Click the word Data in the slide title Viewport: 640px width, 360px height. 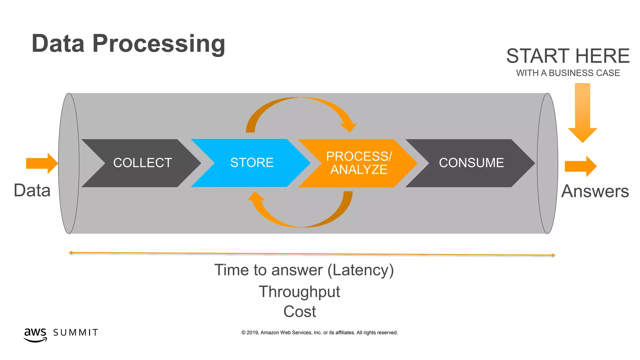[x=58, y=44]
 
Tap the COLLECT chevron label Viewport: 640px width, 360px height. [x=142, y=163]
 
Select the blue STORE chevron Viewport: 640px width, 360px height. [x=252, y=163]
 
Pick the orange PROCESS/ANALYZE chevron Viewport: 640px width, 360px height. [x=359, y=163]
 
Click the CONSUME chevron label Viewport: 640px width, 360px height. [x=471, y=163]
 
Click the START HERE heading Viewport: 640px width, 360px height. [x=567, y=56]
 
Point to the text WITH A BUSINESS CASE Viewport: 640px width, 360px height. [x=567, y=73]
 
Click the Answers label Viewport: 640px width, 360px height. [x=595, y=191]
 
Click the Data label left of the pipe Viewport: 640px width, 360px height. [x=32, y=191]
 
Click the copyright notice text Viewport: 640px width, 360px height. [x=319, y=333]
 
